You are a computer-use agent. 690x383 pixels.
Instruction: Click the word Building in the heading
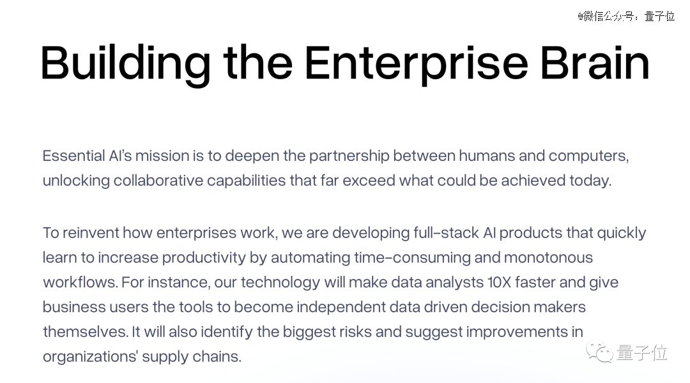click(x=126, y=64)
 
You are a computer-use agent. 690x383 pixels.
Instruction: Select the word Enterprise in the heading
click(x=417, y=64)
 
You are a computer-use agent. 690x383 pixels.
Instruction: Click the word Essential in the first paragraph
click(x=74, y=156)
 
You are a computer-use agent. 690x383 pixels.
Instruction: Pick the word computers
click(x=589, y=156)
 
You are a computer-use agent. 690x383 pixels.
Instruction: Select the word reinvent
click(x=91, y=232)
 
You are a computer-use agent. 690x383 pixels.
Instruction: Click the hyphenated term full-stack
click(x=446, y=232)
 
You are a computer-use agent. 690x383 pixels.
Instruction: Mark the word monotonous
click(x=548, y=257)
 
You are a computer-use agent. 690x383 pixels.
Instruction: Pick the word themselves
click(x=86, y=331)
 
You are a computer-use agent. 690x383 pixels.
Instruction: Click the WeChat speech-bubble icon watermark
click(x=599, y=352)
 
